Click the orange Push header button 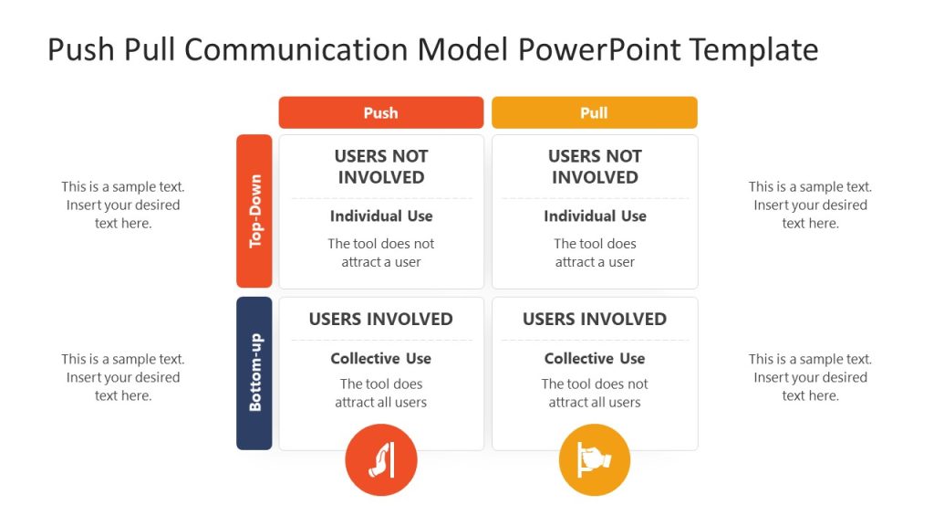pos(380,112)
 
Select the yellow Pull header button pos(594,112)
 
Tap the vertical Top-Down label pos(254,211)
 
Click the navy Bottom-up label pos(254,373)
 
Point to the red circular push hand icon pos(380,460)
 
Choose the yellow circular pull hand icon pos(594,460)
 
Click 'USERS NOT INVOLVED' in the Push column pos(380,166)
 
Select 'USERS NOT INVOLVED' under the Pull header pos(594,166)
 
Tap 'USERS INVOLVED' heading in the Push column pos(380,319)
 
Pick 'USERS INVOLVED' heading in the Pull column pos(594,319)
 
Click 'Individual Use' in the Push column pos(380,216)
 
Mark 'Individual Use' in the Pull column pos(595,216)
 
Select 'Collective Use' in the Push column pos(380,359)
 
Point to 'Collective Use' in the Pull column pos(595,359)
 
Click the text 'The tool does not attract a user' pos(380,253)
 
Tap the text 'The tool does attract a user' pos(595,253)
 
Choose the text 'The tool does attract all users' pos(380,393)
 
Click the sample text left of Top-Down pos(123,205)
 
